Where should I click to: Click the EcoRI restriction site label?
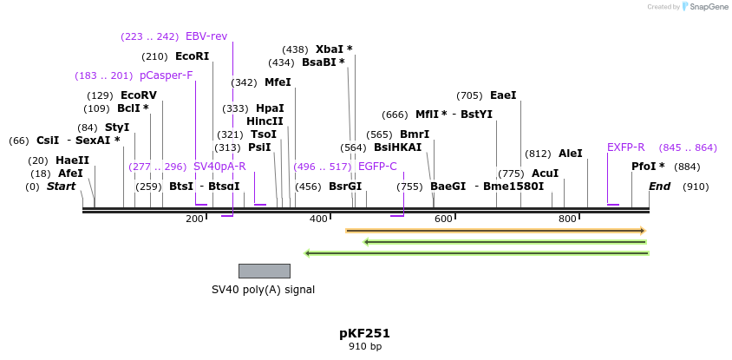coord(192,56)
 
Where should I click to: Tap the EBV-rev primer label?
coord(206,36)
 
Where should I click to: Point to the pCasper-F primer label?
coord(166,75)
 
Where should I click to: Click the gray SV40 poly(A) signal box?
coord(264,271)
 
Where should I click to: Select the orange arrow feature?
coord(495,231)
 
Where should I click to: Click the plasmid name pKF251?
coord(364,333)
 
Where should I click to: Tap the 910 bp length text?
coord(364,347)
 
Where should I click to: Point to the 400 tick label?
coord(318,219)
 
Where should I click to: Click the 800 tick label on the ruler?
coord(567,219)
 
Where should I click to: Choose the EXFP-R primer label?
coord(625,147)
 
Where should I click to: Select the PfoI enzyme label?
coord(648,167)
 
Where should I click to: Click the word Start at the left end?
coord(61,187)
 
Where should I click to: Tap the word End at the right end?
coord(660,187)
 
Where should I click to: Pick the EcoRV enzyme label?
coord(139,95)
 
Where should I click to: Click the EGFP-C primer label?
coord(377,167)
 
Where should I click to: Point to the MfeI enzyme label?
coord(278,82)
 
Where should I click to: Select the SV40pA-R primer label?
coord(219,167)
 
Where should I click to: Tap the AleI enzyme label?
coord(570,154)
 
